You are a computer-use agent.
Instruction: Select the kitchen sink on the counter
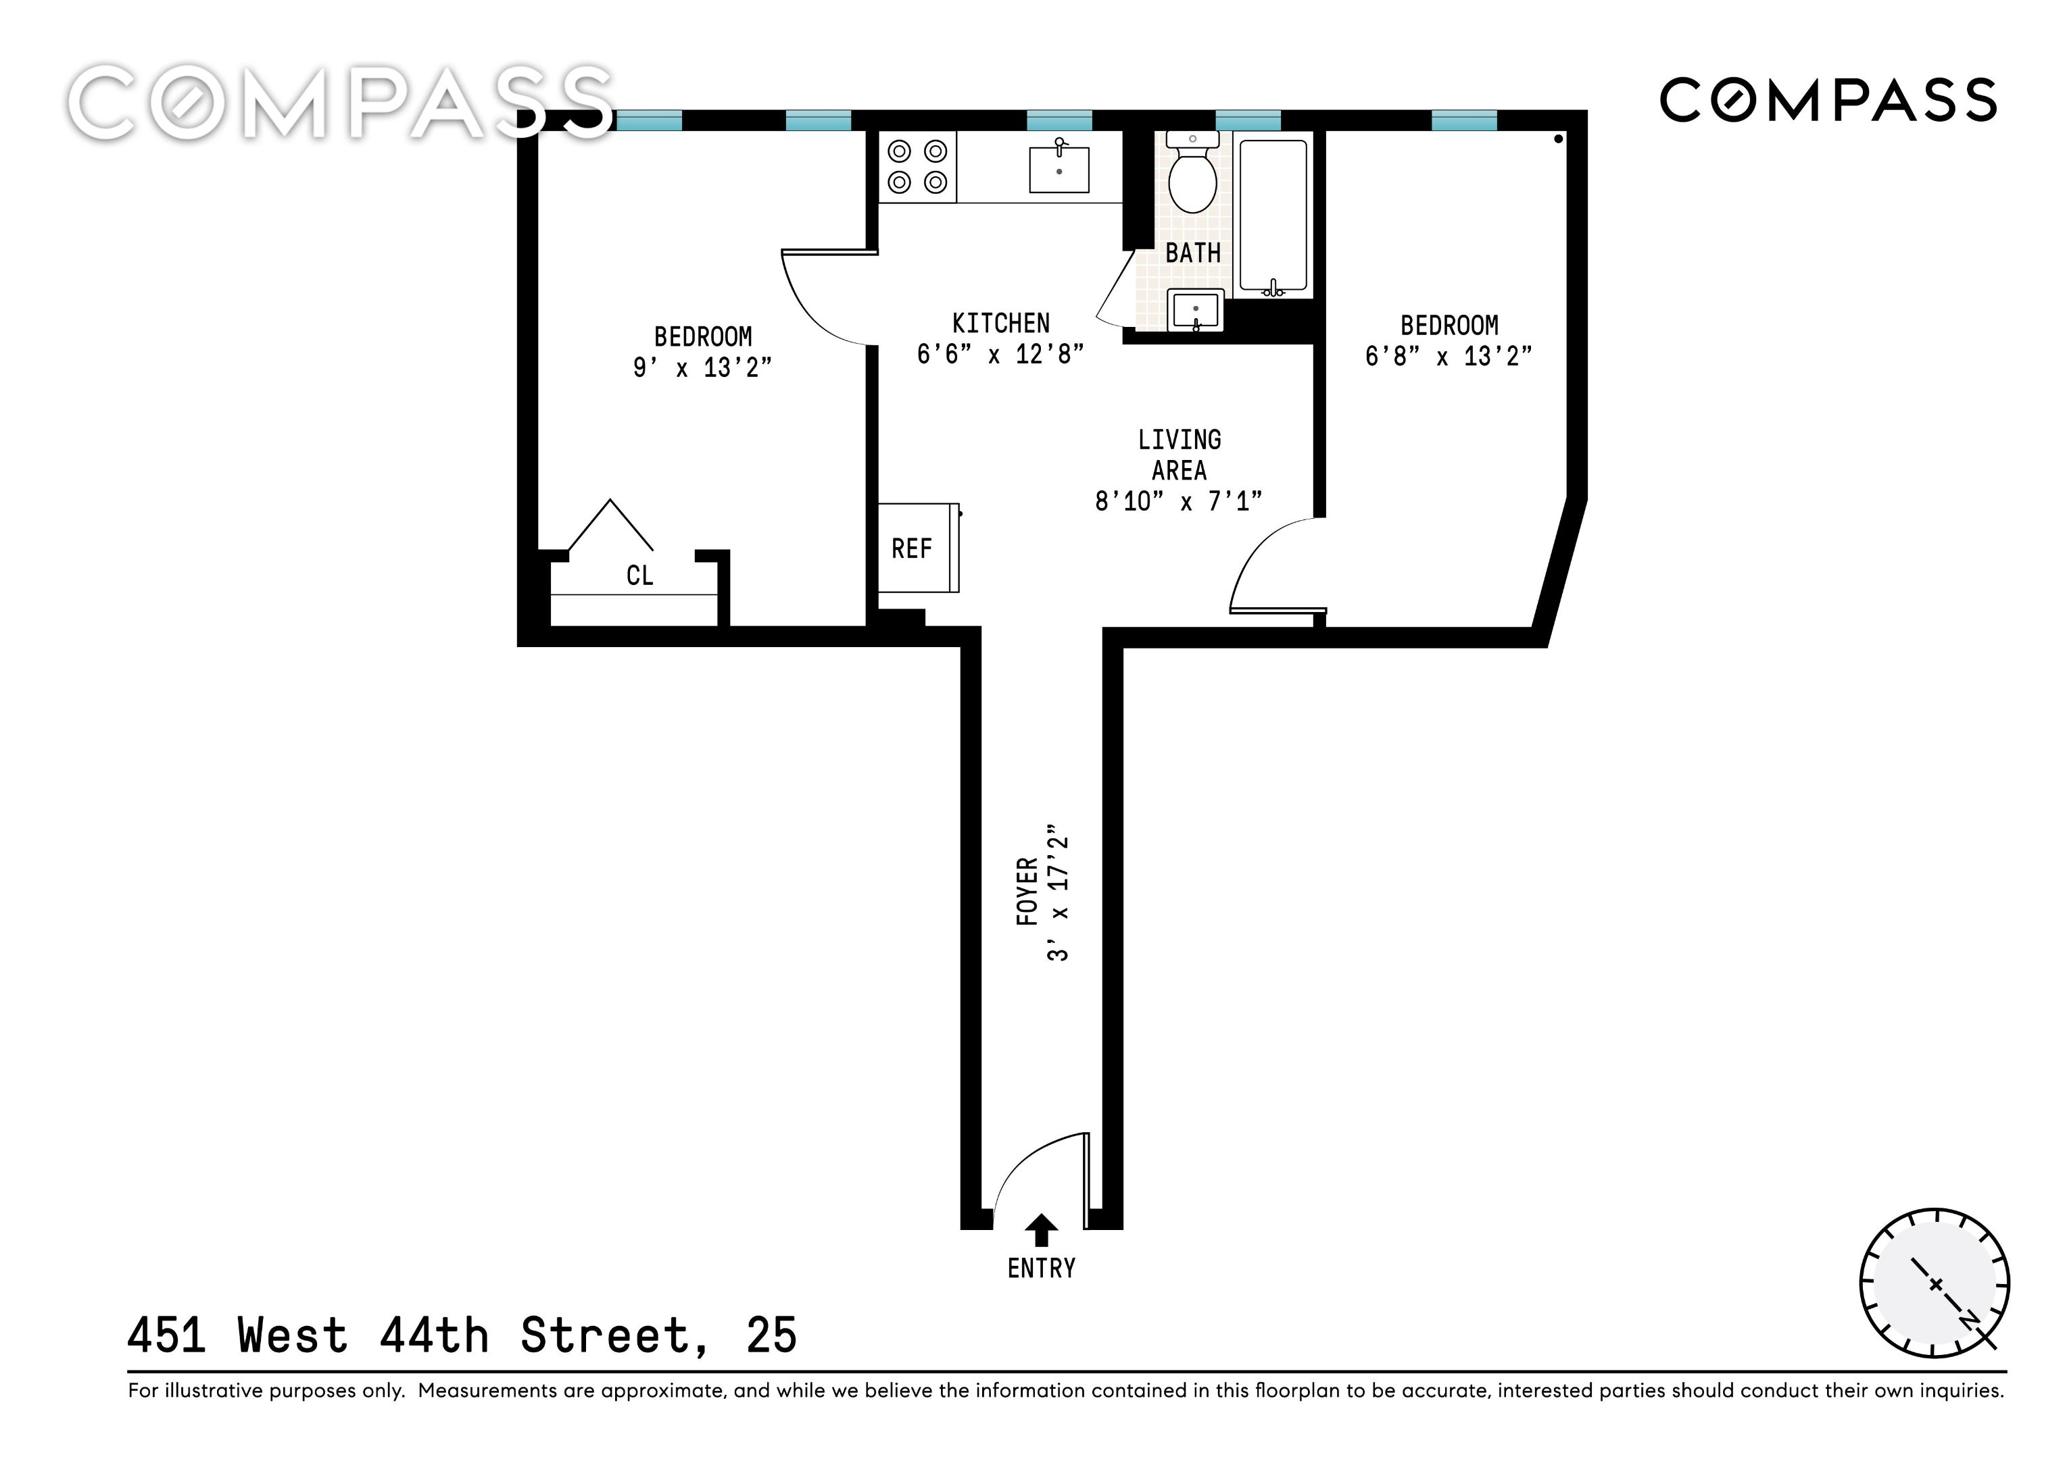(1059, 168)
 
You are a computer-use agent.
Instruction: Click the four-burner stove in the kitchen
(917, 166)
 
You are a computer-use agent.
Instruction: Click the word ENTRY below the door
(1042, 1269)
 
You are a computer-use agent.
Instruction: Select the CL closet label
(639, 575)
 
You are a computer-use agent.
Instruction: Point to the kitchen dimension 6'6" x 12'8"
(1000, 354)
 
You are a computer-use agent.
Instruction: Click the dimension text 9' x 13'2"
(702, 367)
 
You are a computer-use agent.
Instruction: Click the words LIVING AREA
(1179, 455)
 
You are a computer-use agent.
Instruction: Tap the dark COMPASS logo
(1828, 100)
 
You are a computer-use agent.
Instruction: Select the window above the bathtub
(1248, 120)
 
